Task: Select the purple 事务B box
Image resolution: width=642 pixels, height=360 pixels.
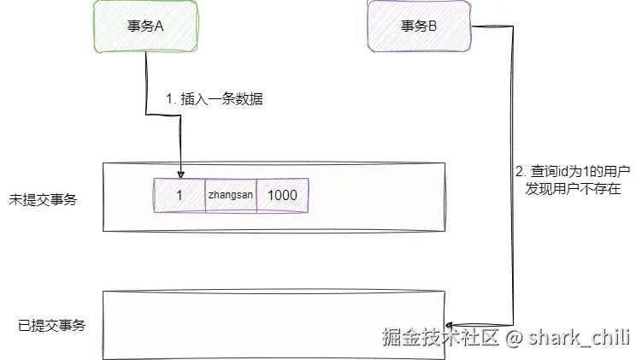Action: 419,26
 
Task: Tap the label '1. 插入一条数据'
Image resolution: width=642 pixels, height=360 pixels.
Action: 215,99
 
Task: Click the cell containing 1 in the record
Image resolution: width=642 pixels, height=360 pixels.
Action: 180,196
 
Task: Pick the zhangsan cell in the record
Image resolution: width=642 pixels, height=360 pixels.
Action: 231,196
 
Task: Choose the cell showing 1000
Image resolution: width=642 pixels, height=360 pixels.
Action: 282,196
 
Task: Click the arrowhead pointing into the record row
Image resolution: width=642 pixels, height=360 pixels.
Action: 180,174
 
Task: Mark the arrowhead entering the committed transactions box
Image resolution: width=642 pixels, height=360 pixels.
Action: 452,317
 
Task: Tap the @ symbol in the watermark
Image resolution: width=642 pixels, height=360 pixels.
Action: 514,337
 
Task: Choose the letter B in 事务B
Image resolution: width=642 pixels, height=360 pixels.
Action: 433,27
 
